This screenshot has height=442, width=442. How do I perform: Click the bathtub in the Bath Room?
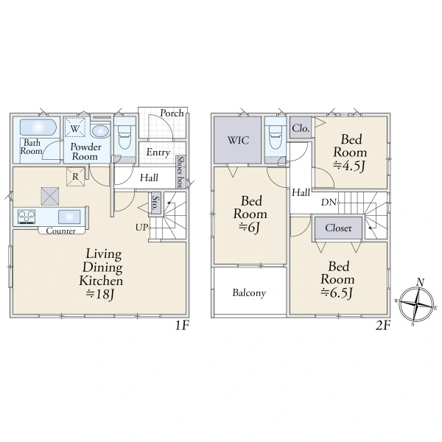(x=38, y=127)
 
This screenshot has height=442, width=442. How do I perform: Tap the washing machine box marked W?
(x=74, y=127)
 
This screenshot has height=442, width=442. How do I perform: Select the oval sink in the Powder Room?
(x=101, y=131)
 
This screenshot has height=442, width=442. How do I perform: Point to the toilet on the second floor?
(x=276, y=137)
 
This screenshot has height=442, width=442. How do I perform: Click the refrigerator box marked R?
(x=75, y=177)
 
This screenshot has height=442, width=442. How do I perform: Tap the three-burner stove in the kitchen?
(x=27, y=217)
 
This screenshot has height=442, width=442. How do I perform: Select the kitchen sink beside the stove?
(x=69, y=217)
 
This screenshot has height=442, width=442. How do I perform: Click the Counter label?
(x=61, y=231)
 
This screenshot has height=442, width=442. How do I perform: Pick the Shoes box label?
(x=180, y=172)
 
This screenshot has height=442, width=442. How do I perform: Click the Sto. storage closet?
(x=155, y=203)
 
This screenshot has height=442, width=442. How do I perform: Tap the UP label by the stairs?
(x=141, y=227)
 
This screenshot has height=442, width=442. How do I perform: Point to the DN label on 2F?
(x=329, y=202)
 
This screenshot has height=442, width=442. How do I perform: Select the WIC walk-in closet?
(x=238, y=140)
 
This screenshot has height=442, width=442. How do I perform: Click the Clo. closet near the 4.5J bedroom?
(x=301, y=128)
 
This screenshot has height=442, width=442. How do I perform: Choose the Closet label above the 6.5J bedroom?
(x=338, y=228)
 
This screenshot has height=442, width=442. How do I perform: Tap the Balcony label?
(x=249, y=293)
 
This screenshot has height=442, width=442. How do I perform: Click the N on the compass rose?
(x=421, y=282)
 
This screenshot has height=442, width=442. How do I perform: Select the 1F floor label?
(x=182, y=326)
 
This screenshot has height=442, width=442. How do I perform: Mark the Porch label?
(x=172, y=113)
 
